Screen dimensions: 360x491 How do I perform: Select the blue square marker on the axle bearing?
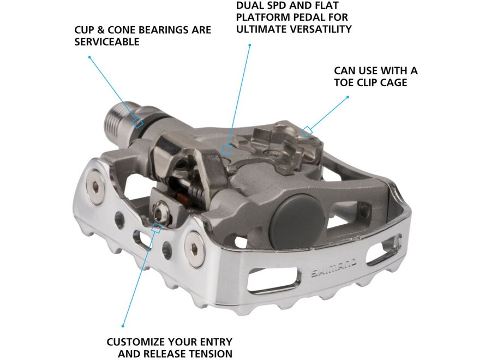click(x=139, y=123)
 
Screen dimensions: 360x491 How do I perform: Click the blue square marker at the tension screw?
click(x=156, y=228)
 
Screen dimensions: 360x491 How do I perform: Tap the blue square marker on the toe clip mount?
click(x=307, y=130)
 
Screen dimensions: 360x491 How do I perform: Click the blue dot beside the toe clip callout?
click(x=348, y=98)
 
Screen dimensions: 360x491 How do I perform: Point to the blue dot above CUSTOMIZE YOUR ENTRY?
click(x=123, y=326)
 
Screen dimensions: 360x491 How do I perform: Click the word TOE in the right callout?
click(x=345, y=82)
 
